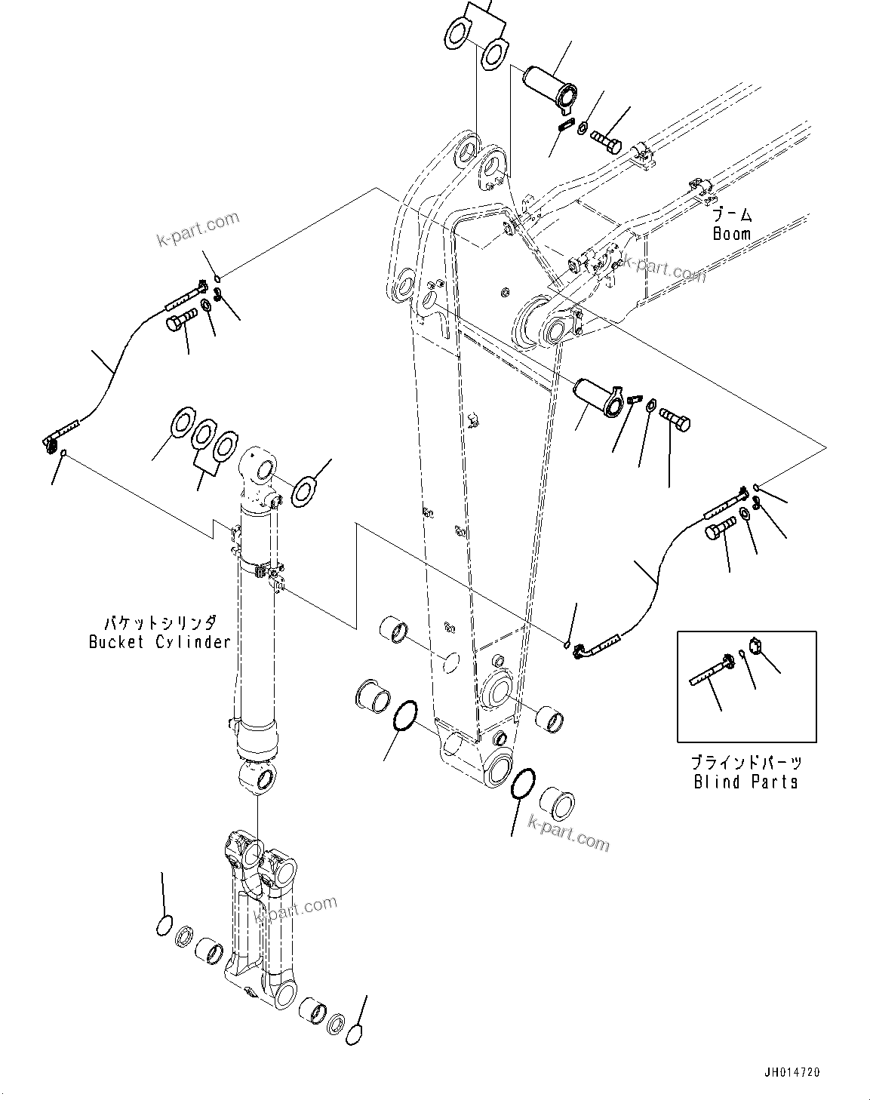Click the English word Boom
[731, 234]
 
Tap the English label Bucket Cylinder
[159, 642]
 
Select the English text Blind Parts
[745, 782]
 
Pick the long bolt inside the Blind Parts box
[709, 670]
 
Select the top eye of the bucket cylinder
[258, 472]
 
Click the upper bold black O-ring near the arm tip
[405, 715]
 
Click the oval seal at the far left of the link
[164, 926]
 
